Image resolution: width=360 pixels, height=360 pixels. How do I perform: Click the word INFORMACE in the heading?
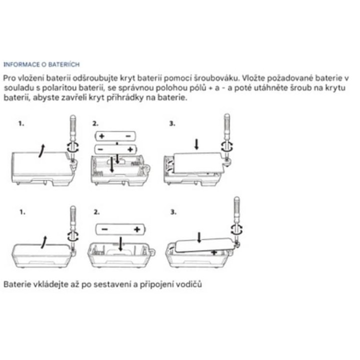point(21,64)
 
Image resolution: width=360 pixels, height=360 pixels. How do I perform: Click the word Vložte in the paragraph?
point(253,78)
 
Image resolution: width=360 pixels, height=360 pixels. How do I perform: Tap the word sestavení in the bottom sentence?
point(112,284)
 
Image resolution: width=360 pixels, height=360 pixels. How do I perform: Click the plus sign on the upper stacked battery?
point(101,136)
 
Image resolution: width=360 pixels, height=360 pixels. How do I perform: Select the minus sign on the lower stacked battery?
point(100,149)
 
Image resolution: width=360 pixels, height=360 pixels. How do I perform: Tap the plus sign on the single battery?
point(137,229)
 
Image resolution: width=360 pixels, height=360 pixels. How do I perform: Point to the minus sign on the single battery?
point(104,229)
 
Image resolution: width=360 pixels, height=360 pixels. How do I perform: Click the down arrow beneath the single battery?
point(120,244)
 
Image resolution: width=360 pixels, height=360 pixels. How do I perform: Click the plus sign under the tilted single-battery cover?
point(214,252)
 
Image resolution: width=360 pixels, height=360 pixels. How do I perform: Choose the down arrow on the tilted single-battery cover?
point(199,237)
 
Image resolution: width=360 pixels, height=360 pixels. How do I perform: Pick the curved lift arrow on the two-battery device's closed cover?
point(41,151)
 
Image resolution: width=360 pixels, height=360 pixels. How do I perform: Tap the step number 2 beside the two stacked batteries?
point(95,124)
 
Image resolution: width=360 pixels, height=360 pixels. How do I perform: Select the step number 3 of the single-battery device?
point(173,212)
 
